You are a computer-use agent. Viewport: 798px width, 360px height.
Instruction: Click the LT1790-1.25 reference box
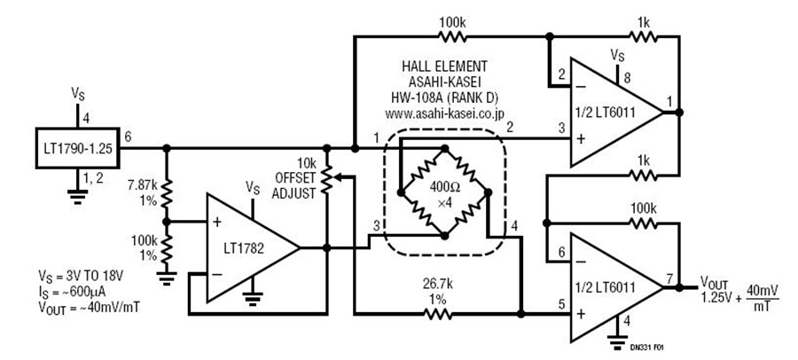[x=77, y=148]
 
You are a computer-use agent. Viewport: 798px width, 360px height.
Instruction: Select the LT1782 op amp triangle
[x=252, y=248]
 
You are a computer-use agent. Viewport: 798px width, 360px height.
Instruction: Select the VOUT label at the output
[x=715, y=283]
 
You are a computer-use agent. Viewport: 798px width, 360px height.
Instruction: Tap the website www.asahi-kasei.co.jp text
[x=445, y=114]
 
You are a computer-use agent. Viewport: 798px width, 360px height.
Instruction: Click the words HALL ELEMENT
[x=445, y=67]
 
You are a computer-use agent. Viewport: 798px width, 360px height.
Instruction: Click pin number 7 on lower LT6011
[x=669, y=278]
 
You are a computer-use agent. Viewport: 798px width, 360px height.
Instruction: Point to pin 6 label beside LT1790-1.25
[x=128, y=137]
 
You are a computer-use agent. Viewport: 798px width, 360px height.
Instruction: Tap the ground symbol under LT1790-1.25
[x=77, y=196]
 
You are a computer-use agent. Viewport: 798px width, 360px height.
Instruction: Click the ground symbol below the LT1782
[x=252, y=297]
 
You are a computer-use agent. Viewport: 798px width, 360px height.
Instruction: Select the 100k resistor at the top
[x=452, y=36]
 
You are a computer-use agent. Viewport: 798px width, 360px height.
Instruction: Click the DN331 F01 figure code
[x=646, y=348]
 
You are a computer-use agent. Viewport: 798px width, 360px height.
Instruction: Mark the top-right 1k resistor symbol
[x=644, y=36]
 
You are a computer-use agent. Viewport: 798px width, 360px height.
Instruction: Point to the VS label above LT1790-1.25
[x=77, y=94]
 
